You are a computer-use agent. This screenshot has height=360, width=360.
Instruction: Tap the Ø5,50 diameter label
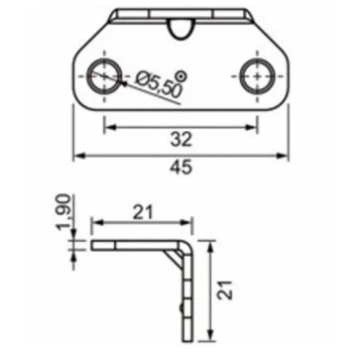[x=160, y=85]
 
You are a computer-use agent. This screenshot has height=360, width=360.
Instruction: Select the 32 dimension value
[x=181, y=140]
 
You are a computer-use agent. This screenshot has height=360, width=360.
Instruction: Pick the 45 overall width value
[x=181, y=168]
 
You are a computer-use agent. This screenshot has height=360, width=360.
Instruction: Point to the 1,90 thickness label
[x=63, y=213]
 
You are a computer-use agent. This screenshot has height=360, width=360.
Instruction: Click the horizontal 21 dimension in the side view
[x=143, y=212]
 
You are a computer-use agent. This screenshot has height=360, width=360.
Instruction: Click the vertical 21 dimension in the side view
[x=227, y=290]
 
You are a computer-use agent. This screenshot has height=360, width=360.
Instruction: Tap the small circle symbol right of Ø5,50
[x=180, y=76]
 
